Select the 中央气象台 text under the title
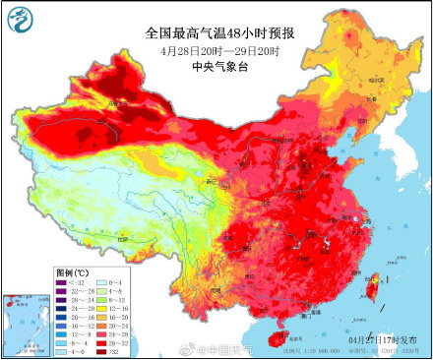(x=216, y=68)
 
